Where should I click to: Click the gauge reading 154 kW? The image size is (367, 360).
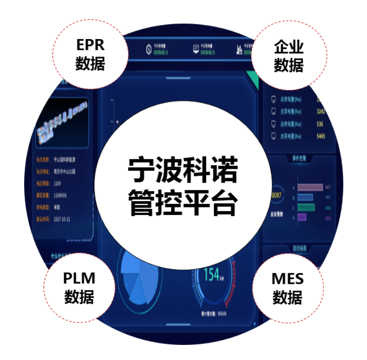coord(212,275)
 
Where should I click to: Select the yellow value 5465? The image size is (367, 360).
coord(321,136)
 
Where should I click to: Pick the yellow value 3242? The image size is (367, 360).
coord(321,111)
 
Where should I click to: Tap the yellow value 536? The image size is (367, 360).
coord(320,124)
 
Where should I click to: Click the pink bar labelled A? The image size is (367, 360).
coord(310,188)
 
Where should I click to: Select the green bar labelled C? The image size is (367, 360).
coord(306,207)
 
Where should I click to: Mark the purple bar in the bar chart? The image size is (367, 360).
coord(301,217)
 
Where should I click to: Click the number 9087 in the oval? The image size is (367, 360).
coord(276,196)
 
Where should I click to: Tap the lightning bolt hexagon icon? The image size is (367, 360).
coord(148,50)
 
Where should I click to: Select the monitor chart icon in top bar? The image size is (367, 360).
coord(196,49)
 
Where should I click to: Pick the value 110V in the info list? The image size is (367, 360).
coord(58,184)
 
